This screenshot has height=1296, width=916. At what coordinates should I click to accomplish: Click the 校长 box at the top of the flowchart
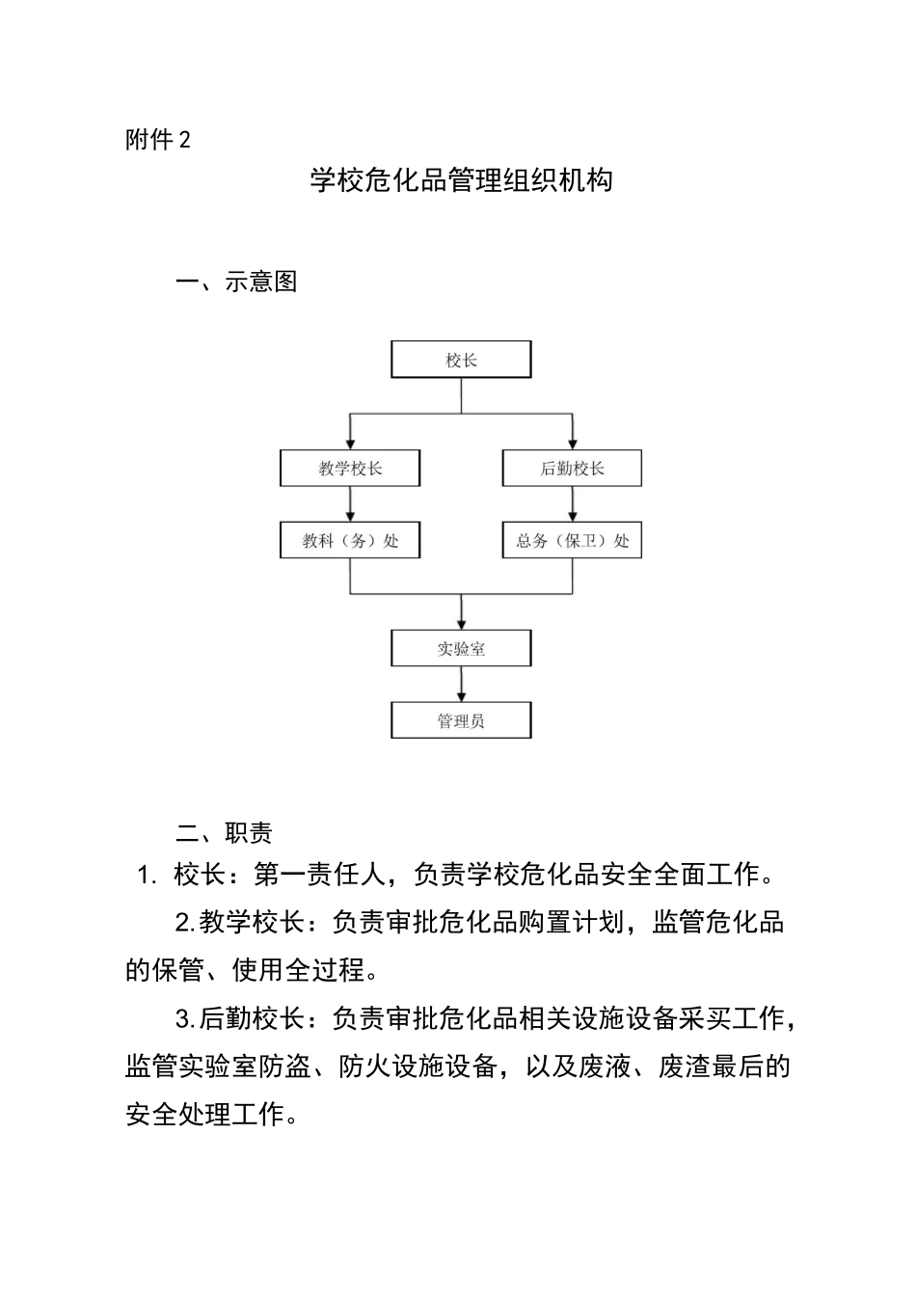click(x=461, y=360)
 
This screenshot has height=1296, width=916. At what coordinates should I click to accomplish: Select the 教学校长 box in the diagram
click(x=350, y=469)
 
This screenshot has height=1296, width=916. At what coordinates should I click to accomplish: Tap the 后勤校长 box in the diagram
click(x=572, y=469)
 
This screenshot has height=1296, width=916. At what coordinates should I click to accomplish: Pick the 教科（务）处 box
click(x=350, y=541)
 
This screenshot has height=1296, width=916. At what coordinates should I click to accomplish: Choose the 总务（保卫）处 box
click(x=572, y=541)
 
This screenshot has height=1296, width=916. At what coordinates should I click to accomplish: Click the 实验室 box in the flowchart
click(x=461, y=649)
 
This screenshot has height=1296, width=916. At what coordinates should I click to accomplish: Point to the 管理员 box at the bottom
click(x=461, y=720)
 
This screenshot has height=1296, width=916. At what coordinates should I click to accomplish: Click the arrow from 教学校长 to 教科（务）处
click(x=350, y=504)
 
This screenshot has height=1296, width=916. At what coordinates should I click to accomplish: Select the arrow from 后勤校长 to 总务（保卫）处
click(x=573, y=504)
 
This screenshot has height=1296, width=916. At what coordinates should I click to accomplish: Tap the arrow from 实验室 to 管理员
click(x=462, y=685)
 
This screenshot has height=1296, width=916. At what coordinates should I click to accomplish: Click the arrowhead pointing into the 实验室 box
click(x=462, y=623)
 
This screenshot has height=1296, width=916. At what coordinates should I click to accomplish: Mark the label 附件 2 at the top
click(x=158, y=141)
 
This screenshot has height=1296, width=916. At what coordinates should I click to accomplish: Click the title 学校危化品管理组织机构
click(x=461, y=180)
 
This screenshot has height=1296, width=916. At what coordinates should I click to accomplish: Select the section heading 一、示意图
click(x=236, y=282)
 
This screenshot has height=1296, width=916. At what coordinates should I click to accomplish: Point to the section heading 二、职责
click(x=224, y=833)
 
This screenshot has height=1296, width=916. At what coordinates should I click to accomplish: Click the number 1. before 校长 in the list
click(x=147, y=876)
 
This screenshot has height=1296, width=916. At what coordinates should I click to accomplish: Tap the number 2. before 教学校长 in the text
click(x=185, y=923)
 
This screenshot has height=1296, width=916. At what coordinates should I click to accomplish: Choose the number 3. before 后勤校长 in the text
click(x=185, y=1018)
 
